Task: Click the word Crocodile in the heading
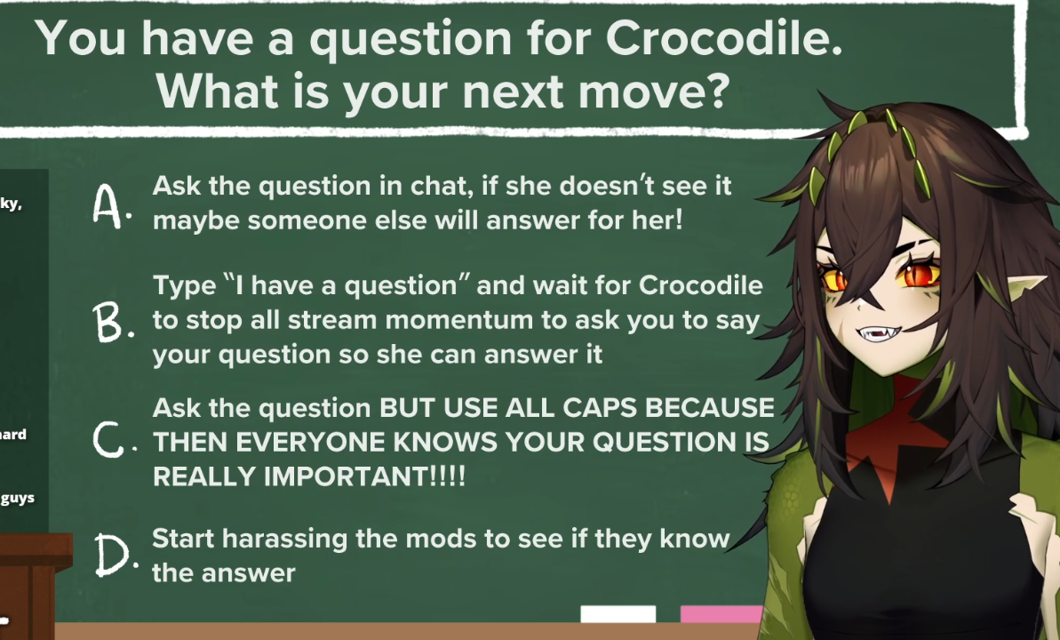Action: (723, 38)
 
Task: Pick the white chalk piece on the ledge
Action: (618, 613)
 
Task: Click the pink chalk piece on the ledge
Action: (721, 613)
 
